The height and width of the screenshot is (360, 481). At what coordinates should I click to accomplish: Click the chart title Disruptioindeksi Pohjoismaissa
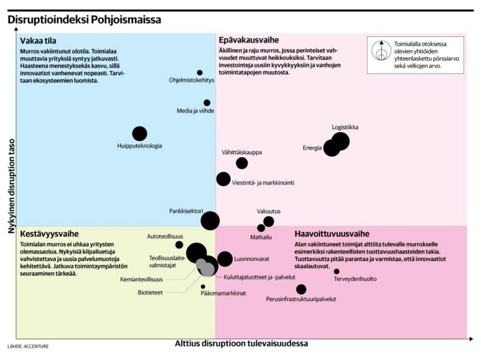(x=84, y=20)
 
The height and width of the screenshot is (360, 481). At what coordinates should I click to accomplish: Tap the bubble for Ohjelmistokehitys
(x=199, y=73)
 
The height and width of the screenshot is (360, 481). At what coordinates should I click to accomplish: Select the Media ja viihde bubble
(x=207, y=103)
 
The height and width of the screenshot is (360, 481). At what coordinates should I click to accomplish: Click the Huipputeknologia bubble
(x=139, y=134)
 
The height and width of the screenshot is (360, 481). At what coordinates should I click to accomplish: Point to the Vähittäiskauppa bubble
(x=242, y=163)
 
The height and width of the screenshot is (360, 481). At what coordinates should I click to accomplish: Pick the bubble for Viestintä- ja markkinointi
(x=223, y=179)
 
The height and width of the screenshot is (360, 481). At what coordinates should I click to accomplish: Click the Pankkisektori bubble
(x=210, y=221)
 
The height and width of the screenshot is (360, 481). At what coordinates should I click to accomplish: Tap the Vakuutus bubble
(x=269, y=221)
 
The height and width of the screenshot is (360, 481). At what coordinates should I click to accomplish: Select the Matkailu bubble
(x=261, y=228)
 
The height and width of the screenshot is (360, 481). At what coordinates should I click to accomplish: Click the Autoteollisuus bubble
(x=179, y=245)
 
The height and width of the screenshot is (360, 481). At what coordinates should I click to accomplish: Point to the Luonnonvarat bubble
(x=225, y=259)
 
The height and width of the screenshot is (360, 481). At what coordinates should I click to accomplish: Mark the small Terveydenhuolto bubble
(x=337, y=272)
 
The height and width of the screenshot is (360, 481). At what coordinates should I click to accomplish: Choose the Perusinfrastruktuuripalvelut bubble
(x=301, y=289)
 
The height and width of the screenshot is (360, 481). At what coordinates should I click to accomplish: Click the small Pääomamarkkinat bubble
(x=203, y=287)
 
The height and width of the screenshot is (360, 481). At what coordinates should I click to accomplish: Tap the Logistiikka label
(x=345, y=127)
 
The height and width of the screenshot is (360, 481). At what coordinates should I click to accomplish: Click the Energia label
(x=312, y=148)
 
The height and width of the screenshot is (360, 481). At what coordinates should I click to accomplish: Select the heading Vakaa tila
(x=38, y=41)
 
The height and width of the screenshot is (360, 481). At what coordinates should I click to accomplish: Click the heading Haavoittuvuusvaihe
(x=332, y=234)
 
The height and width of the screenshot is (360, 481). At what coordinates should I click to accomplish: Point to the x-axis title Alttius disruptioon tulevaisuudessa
(x=241, y=343)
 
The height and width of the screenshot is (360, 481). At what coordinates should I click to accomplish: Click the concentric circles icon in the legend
(x=381, y=50)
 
